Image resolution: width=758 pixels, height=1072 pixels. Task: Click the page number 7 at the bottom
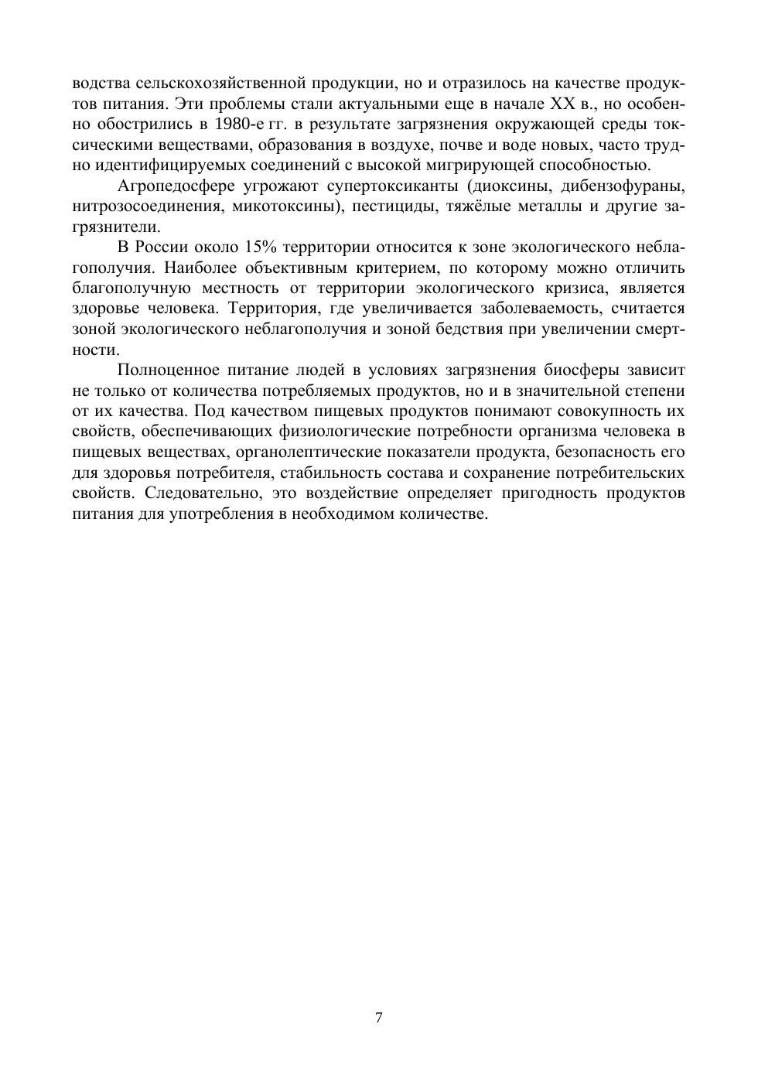point(378,1017)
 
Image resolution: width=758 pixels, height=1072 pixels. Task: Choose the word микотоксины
point(287,207)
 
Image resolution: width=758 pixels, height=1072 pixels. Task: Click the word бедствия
point(446,329)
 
